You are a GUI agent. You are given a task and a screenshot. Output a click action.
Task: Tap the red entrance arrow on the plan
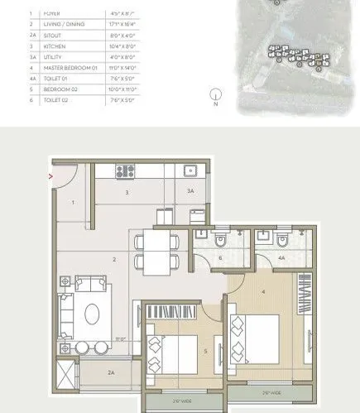tap(51, 175)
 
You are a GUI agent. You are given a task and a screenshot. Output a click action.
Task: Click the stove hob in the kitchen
tap(124, 172)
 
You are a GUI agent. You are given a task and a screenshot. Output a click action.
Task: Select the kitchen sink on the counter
tap(190, 172)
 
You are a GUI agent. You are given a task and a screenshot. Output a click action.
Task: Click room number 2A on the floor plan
tap(111, 373)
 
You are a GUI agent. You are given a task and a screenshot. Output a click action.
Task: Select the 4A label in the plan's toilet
tap(281, 258)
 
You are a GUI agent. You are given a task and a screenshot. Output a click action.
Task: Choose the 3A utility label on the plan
tap(190, 192)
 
